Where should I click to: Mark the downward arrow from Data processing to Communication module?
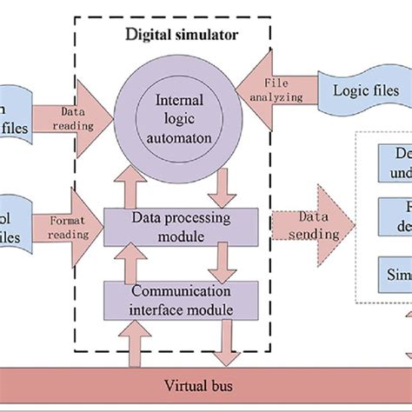(223, 258)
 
